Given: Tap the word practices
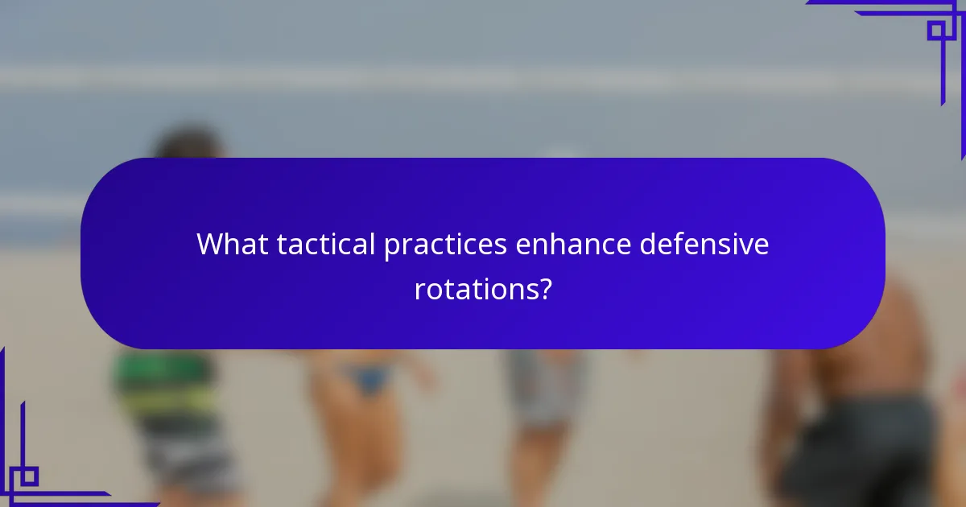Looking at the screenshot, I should pyautogui.click(x=445, y=244).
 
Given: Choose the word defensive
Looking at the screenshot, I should pyautogui.click(x=704, y=244).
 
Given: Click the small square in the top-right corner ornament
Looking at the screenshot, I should pyautogui.click(x=935, y=31).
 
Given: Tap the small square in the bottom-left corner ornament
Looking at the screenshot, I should pyautogui.click(x=29, y=476).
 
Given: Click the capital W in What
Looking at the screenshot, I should pyautogui.click(x=211, y=244).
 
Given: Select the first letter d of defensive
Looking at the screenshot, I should pyautogui.click(x=647, y=244).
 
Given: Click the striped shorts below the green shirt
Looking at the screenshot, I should pyautogui.click(x=181, y=459).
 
